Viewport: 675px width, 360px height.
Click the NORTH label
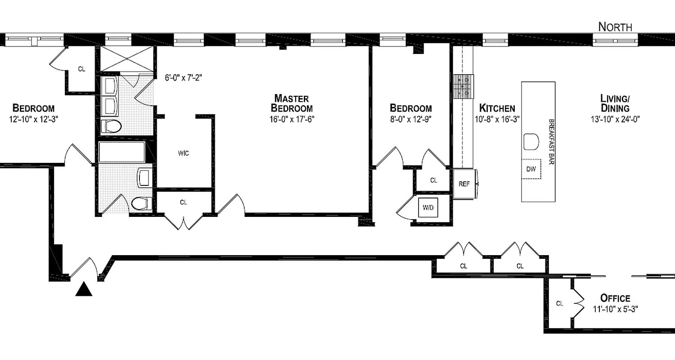615,27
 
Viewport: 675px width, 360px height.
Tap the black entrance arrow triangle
84,289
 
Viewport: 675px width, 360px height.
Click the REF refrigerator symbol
464,184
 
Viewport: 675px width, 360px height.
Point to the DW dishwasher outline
531,169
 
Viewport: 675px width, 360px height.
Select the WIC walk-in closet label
183,153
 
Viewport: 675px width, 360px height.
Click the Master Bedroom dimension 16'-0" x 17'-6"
291,120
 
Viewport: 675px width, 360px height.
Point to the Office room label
615,298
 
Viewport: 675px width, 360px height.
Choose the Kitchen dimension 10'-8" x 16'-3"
497,120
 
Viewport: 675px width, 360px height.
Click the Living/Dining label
615,103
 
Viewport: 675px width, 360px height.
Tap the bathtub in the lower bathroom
122,153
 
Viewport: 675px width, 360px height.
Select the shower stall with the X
126,58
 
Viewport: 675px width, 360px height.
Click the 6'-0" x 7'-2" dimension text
183,77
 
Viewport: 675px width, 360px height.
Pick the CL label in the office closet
559,304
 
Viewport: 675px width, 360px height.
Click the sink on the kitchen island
531,142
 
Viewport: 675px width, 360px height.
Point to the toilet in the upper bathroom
111,126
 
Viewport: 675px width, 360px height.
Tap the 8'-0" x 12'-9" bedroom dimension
410,120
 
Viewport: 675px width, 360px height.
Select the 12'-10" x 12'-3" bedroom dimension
34,120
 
